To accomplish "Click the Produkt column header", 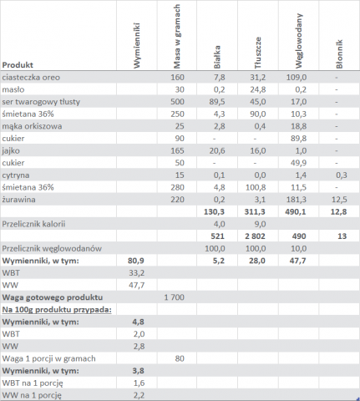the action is [18, 65].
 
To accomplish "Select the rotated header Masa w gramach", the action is [177, 36].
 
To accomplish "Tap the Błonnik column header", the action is [339, 54].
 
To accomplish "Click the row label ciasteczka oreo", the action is [31, 77].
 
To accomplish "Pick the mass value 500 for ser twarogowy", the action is [177, 102].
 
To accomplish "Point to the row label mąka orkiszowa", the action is [32, 126].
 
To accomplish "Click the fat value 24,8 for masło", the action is [257, 89].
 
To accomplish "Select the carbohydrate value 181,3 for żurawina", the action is [297, 200].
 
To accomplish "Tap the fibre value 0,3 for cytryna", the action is [341, 175].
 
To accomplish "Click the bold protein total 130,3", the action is [214, 211].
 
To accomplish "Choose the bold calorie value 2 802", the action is [255, 236].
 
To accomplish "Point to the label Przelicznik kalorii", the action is [33, 224].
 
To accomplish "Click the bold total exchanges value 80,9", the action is [136, 261].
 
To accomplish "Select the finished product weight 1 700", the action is [175, 297].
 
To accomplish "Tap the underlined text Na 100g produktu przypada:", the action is [57, 310].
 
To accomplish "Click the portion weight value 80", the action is [180, 358].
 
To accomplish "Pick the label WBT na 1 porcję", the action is [33, 383].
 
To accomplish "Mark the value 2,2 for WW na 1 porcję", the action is [139, 395].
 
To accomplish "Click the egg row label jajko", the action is [11, 150].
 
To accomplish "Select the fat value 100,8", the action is [256, 187].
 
